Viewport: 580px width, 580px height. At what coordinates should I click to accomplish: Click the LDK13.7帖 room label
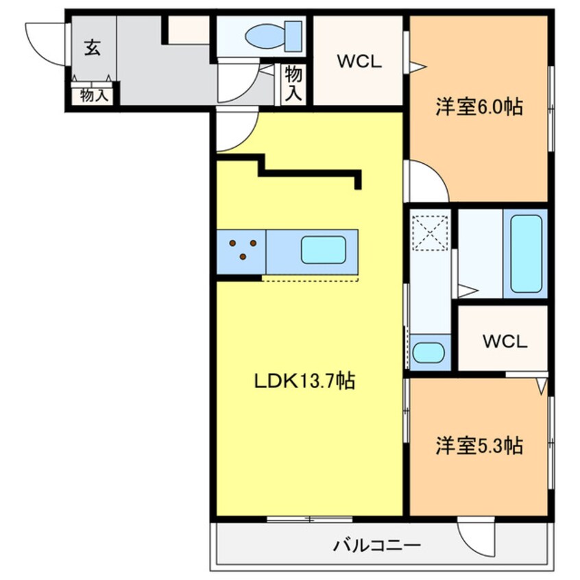click(304, 382)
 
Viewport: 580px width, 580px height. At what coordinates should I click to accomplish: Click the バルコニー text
click(377, 546)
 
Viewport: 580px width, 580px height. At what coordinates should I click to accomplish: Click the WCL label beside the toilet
click(357, 60)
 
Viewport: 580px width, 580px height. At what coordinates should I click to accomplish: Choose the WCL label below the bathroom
click(504, 341)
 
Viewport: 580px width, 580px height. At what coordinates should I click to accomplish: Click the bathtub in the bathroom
click(525, 254)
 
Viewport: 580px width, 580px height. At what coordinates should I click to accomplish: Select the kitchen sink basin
click(323, 250)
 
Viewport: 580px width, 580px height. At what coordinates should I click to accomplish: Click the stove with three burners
click(242, 250)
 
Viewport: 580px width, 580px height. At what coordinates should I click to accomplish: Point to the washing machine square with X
click(430, 232)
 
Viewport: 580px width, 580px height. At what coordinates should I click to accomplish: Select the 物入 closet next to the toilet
click(293, 84)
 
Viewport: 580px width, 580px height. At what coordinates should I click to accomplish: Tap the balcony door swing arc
click(475, 538)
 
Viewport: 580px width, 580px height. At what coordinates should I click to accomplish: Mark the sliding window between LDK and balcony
click(309, 519)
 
